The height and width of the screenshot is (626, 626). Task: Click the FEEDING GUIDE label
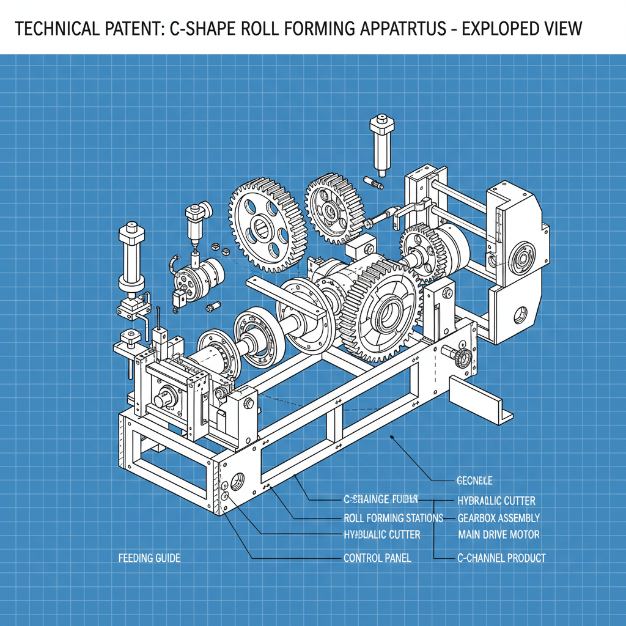click(149, 558)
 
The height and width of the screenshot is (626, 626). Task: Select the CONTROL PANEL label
click(377, 558)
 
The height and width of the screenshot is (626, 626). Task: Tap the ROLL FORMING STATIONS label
click(394, 518)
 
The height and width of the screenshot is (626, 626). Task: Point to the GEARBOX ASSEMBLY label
click(498, 518)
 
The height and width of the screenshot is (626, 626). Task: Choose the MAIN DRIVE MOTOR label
click(498, 534)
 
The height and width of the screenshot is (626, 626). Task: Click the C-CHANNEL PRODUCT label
click(501, 558)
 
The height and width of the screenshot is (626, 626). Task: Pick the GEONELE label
click(474, 481)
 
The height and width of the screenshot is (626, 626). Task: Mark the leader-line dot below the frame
click(391, 438)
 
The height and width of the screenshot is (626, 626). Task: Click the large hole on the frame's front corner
click(238, 479)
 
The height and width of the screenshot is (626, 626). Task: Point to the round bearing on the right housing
click(523, 257)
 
